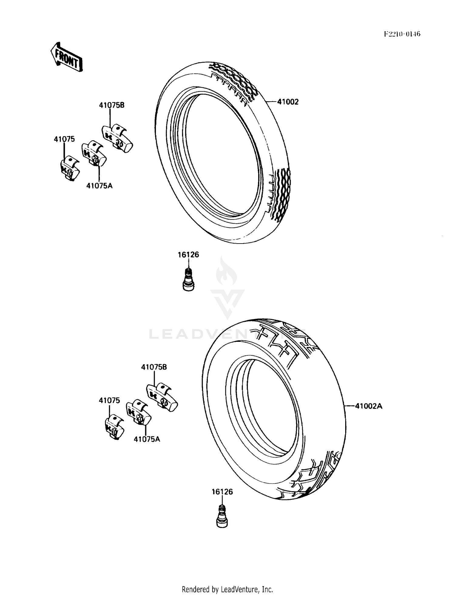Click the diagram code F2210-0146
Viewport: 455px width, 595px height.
(402, 34)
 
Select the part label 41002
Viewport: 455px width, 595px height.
(288, 102)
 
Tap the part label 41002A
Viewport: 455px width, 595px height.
(369, 406)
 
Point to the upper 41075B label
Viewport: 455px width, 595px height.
(112, 105)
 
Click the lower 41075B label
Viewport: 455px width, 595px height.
(154, 367)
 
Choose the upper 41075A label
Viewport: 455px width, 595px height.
(99, 186)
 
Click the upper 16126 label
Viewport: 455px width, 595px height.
(188, 255)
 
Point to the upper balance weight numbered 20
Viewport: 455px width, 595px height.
(93, 154)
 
